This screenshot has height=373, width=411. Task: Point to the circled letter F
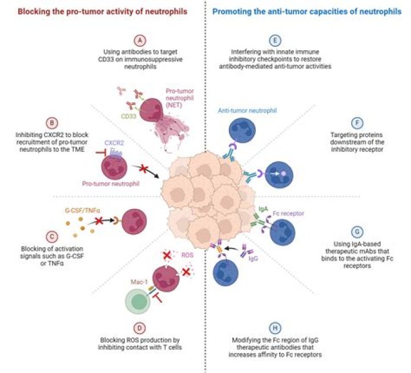click(356, 122)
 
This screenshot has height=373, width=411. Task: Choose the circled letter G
click(356, 233)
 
